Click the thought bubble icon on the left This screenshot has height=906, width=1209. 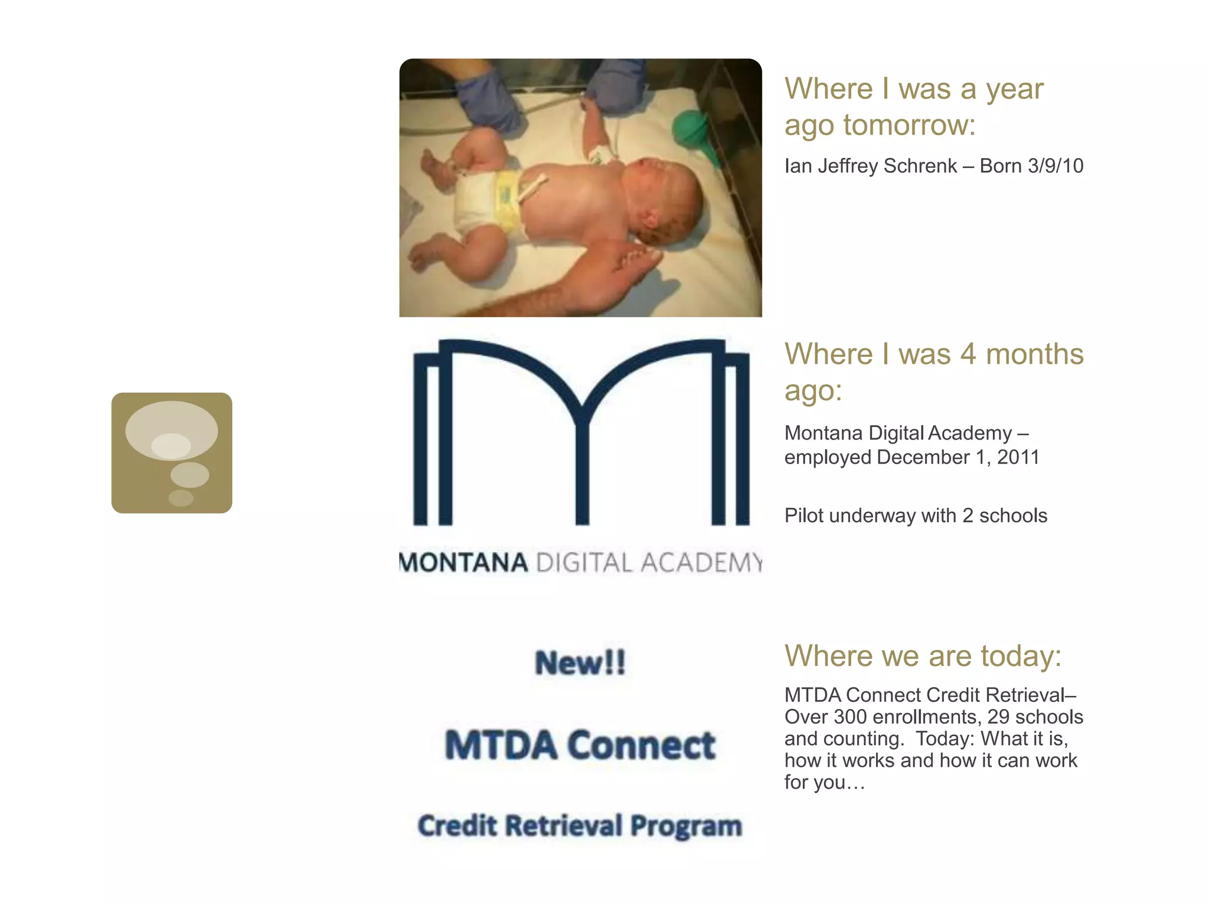(x=171, y=452)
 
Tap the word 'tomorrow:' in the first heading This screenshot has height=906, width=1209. (x=909, y=125)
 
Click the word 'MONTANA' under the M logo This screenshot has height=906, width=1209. (x=464, y=563)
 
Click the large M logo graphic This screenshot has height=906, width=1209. (x=581, y=432)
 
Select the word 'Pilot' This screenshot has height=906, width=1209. (x=803, y=516)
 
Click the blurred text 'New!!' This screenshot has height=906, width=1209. (x=580, y=662)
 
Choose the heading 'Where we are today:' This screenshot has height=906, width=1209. (x=923, y=656)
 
